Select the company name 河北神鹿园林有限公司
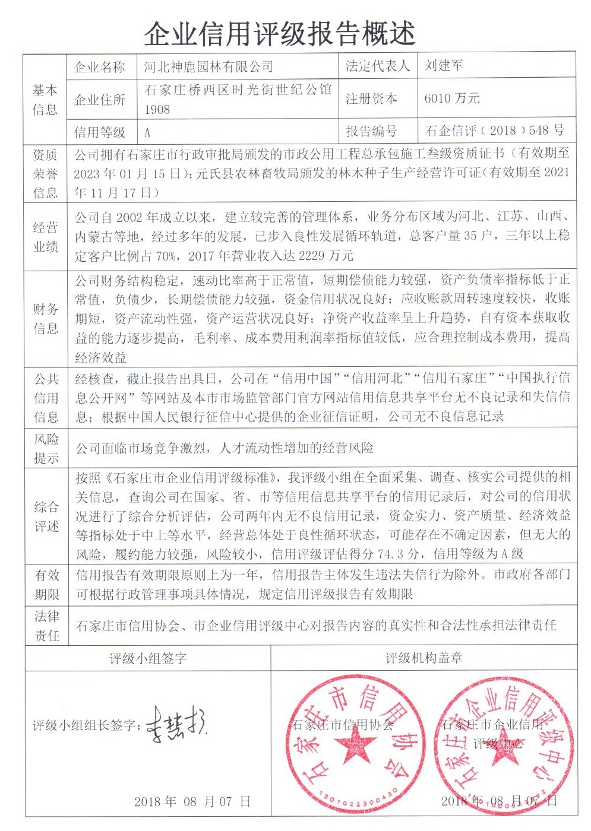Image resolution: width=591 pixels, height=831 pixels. pos(208,67)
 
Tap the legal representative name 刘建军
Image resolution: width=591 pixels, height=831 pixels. pos(444,66)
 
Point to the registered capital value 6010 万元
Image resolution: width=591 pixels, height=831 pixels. pos(451,99)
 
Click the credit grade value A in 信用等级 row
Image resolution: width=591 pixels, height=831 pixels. pos(147,132)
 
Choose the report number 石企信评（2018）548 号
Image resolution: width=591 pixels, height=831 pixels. pos(494,131)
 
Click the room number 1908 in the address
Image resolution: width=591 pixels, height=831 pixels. pos(157,110)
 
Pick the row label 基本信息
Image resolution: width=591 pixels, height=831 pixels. pos(45,99)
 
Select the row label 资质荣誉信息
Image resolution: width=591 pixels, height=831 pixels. pos(46,174)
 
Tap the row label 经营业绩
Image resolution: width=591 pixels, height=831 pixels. pos(46,237)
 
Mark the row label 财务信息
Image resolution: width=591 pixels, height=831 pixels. pos(46,318)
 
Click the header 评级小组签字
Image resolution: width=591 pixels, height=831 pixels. pos(148,658)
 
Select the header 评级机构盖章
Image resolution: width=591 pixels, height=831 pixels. pos(424,658)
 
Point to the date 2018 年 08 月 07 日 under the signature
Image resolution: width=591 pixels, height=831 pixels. pos(192,801)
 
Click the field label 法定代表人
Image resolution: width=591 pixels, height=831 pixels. pos(378,66)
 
